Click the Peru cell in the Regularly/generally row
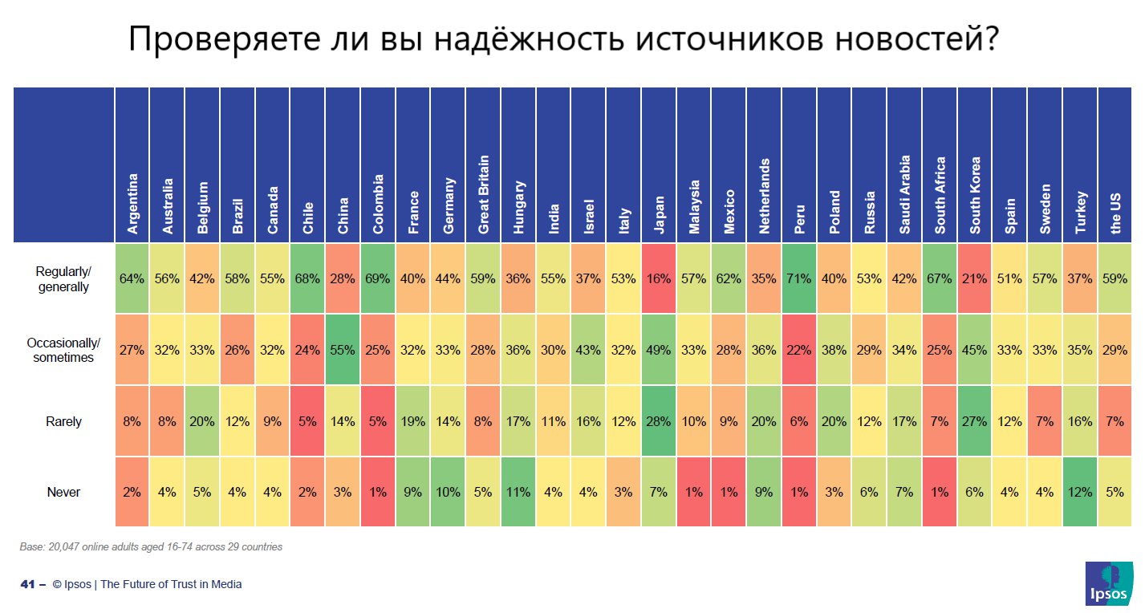point(799,278)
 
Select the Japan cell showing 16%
point(659,278)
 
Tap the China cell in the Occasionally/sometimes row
point(343,350)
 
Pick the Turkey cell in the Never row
point(1080,492)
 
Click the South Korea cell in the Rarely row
point(975,421)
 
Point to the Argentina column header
point(132,204)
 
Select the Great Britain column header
point(484,194)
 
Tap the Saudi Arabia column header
point(904,195)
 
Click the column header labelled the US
point(1115,213)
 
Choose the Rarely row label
point(63,421)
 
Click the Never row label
point(63,492)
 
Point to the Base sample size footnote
point(151,547)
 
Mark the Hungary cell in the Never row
point(518,492)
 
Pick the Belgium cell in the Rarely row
point(203,421)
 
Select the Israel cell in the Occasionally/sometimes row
point(589,350)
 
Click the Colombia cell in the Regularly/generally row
point(378,278)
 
